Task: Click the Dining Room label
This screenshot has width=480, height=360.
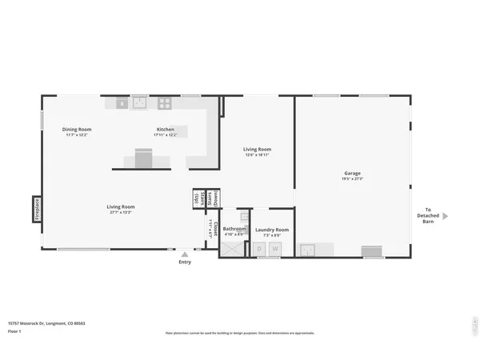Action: (x=78, y=129)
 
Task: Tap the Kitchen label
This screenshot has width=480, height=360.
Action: (x=166, y=129)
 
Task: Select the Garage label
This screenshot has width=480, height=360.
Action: (x=352, y=173)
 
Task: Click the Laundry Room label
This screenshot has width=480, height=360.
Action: (x=272, y=230)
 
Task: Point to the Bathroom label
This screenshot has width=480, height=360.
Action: (x=234, y=229)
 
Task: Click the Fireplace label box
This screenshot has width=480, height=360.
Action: (x=37, y=210)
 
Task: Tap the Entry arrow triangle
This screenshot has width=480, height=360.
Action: (x=185, y=254)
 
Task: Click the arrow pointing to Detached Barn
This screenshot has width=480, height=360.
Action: (x=446, y=216)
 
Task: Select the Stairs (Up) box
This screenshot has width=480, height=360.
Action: (x=197, y=199)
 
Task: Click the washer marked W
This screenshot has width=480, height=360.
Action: (x=275, y=249)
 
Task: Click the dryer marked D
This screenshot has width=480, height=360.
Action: (x=259, y=249)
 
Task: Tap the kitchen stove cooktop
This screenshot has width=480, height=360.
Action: (x=164, y=102)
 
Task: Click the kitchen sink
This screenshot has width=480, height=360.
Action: (x=140, y=102)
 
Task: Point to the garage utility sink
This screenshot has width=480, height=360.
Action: (x=308, y=250)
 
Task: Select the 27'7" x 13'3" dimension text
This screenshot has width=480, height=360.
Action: (x=120, y=213)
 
